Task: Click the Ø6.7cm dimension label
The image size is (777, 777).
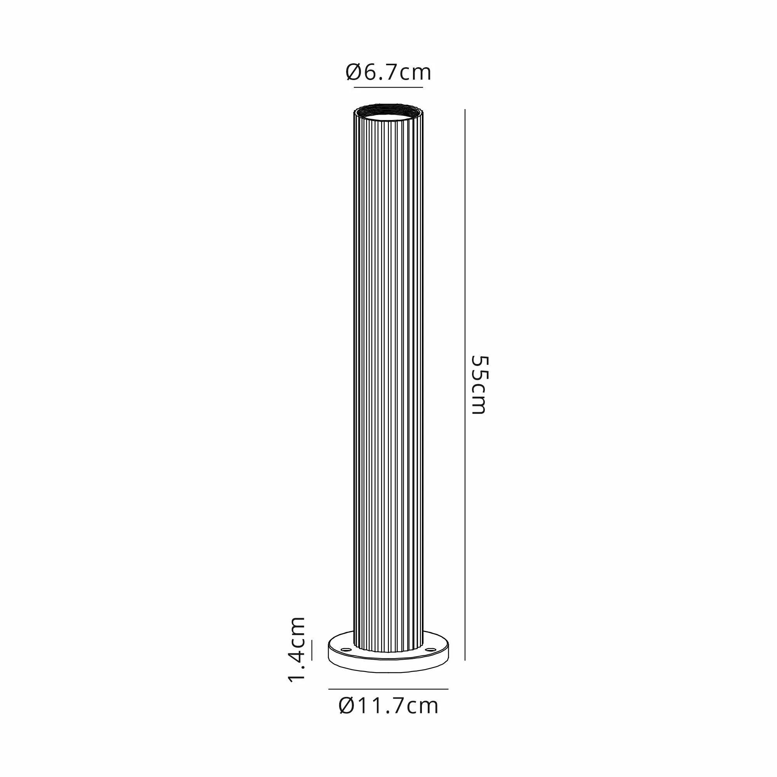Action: pos(388,73)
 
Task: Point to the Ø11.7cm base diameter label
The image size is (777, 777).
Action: pos(388,716)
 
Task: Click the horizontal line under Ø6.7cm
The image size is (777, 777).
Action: pos(388,87)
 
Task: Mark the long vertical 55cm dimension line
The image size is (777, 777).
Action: pos(465,385)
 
